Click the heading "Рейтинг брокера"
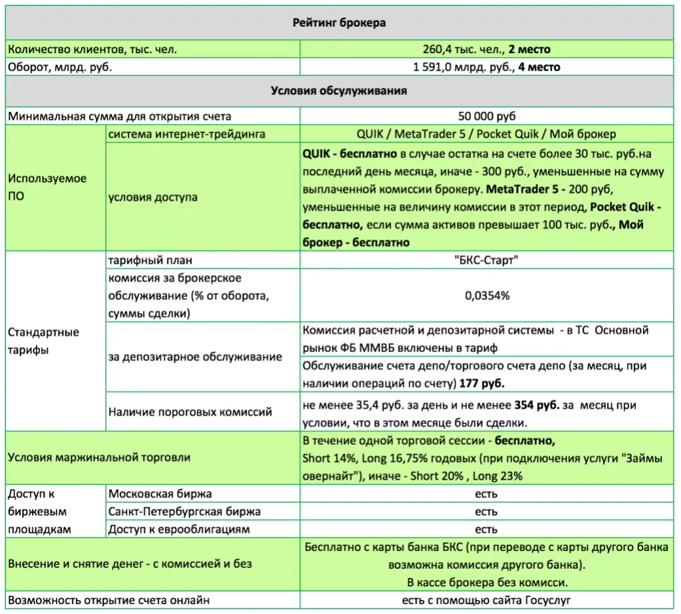click(x=340, y=23)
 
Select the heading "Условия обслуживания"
click(x=339, y=90)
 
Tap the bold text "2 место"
click(x=529, y=49)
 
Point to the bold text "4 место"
click(x=539, y=67)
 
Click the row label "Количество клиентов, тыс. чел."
click(x=92, y=49)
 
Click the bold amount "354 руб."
click(x=537, y=405)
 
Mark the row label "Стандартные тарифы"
click(x=43, y=341)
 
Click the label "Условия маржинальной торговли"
click(x=99, y=457)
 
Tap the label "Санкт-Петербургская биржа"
click(x=184, y=512)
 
